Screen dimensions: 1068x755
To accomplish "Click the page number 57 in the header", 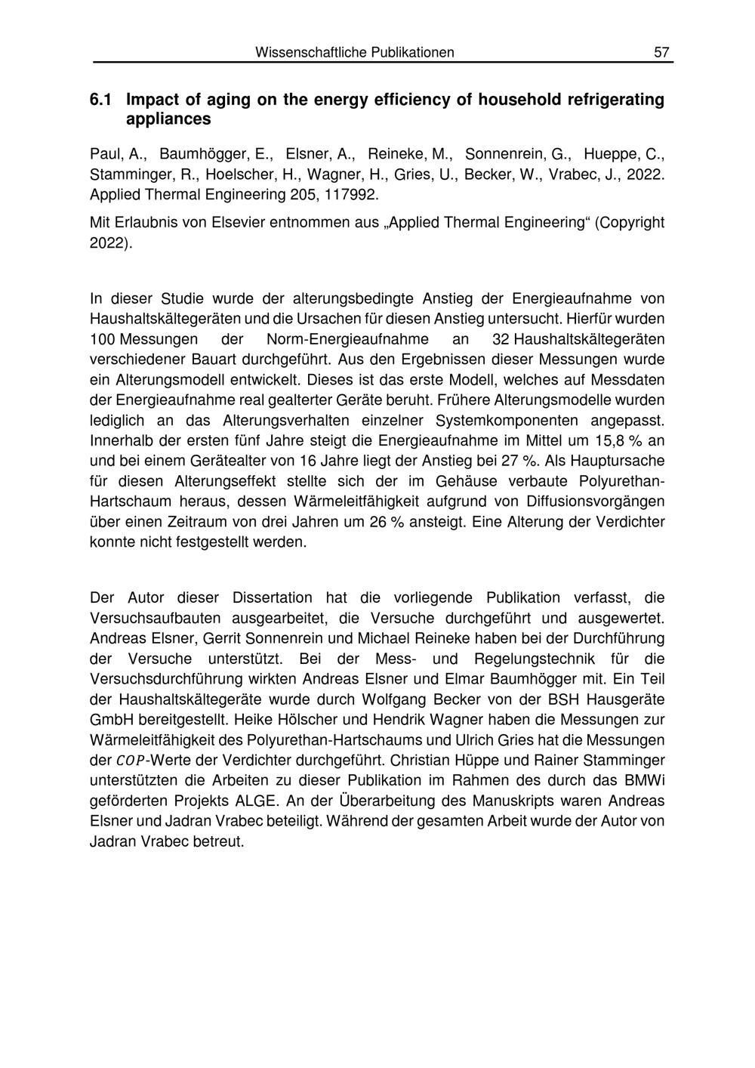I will pos(661,52).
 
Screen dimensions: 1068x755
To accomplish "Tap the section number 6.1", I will pos(100,100).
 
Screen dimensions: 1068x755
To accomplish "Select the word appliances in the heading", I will pos(168,119).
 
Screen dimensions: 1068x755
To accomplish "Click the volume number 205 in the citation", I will pos(300,194).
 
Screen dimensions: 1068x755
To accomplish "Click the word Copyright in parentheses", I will pos(630,223).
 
